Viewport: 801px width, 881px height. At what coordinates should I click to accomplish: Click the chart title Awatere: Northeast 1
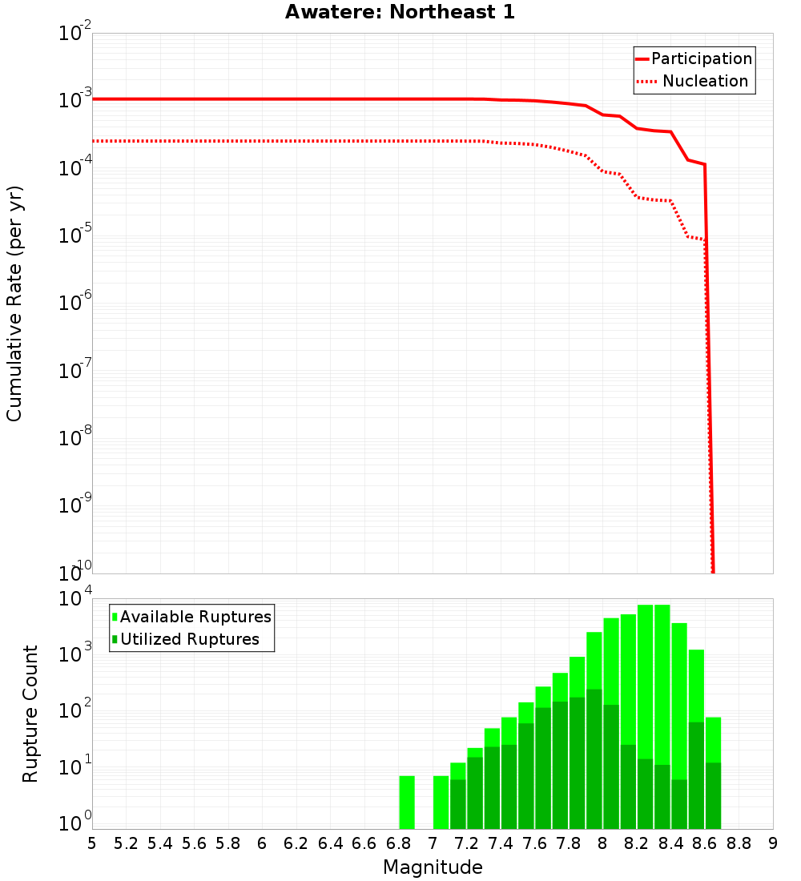pos(400,13)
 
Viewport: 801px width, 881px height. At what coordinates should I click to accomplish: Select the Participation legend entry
pos(702,58)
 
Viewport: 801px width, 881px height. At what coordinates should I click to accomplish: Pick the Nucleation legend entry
pos(705,81)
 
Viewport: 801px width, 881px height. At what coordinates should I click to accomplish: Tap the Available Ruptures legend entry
pos(195,617)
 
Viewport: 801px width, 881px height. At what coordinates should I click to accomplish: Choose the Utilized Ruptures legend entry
pos(190,639)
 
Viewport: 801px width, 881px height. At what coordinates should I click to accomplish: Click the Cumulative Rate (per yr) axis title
pos(14,304)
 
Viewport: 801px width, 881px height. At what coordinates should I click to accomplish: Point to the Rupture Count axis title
pos(30,714)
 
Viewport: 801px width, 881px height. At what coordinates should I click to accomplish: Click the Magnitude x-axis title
pos(433,867)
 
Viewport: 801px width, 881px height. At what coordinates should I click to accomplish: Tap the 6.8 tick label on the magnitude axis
pos(398,843)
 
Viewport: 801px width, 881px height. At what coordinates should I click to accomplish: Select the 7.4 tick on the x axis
pos(501,843)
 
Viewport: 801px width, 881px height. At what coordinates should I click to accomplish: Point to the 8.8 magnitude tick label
pos(739,843)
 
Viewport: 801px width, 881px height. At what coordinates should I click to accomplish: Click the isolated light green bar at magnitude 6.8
pos(407,802)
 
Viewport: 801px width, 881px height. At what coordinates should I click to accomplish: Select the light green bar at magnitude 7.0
pos(441,802)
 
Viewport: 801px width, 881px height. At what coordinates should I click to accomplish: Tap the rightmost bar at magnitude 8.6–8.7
pos(713,773)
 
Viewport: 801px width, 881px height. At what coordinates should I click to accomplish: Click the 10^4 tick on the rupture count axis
pos(76,599)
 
